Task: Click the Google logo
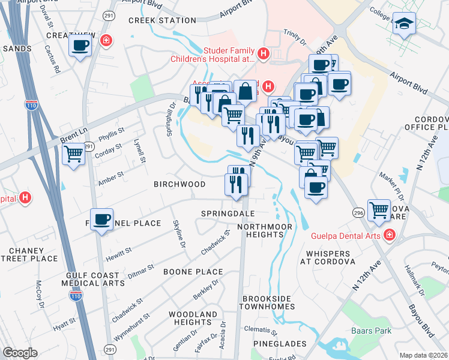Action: point(20,353)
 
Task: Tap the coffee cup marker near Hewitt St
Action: point(102,220)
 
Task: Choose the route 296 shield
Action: point(358,212)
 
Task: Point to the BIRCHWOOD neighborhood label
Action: point(179,184)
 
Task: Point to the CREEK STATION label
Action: point(162,20)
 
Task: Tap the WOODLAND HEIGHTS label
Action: point(192,318)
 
